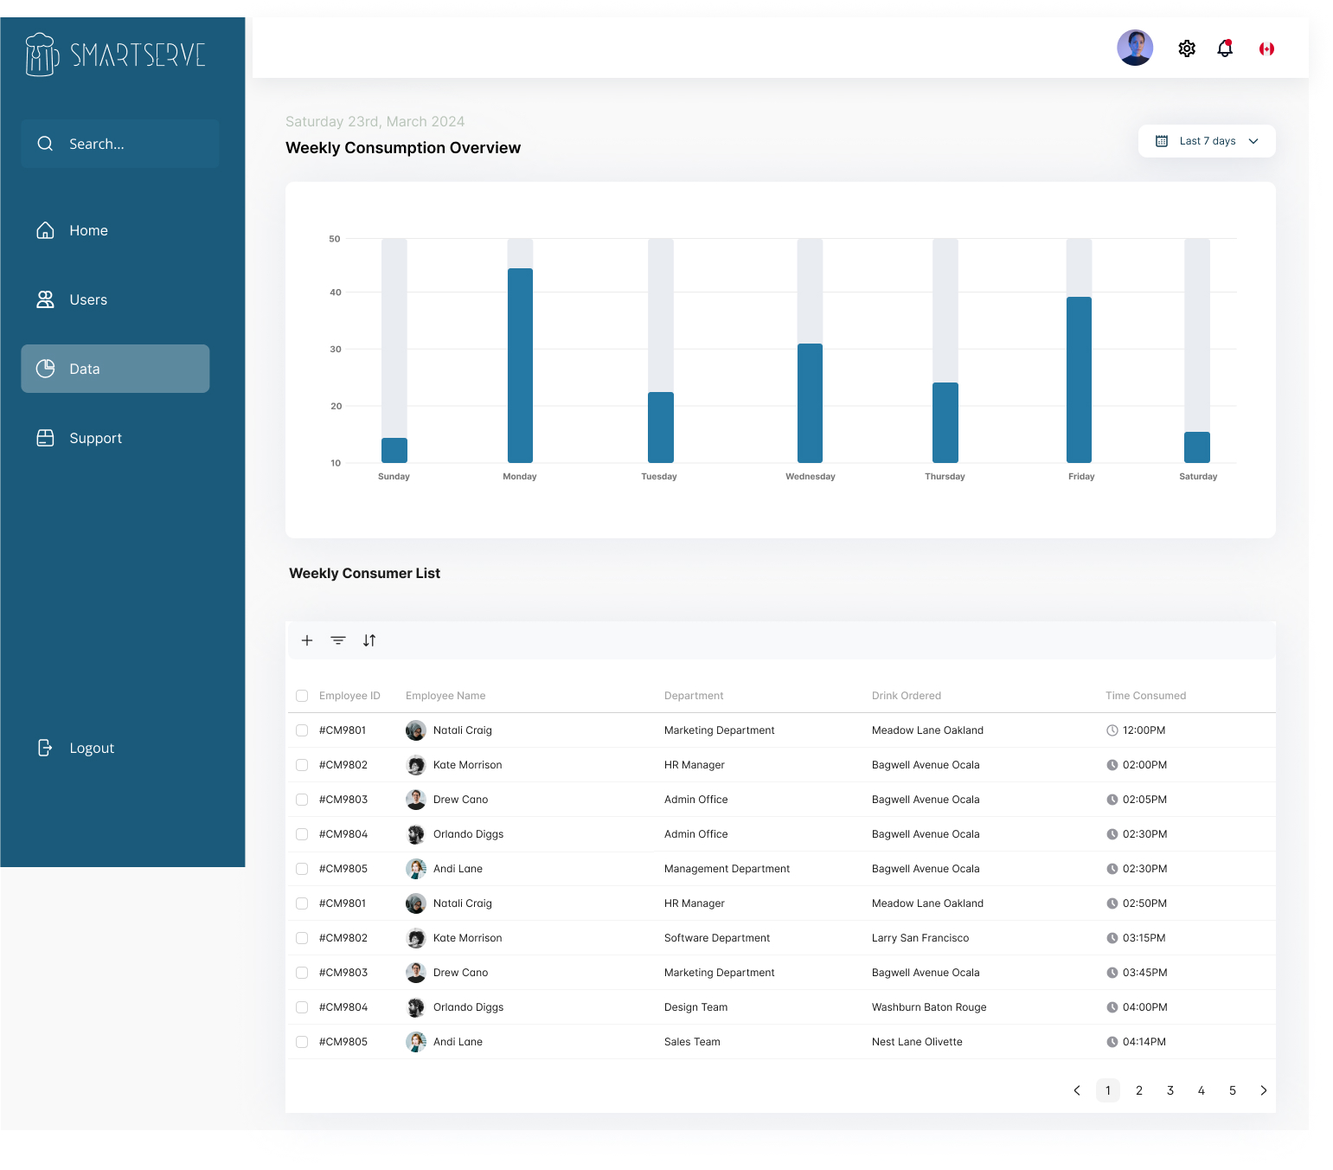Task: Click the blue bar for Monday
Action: (x=520, y=365)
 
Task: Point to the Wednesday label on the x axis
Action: (x=810, y=477)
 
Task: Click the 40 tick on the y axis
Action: (x=336, y=292)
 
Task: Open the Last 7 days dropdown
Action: (x=1207, y=141)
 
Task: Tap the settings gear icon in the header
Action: (x=1187, y=48)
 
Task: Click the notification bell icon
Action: (x=1225, y=48)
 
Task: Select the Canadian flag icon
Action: (x=1266, y=49)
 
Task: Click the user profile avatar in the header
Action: (x=1135, y=48)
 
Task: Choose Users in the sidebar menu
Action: (x=88, y=299)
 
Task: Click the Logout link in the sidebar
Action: (x=91, y=748)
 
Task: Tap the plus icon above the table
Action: (x=307, y=640)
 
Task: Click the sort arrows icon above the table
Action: (x=369, y=640)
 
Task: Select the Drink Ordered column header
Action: (x=906, y=696)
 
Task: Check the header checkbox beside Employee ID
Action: (x=302, y=696)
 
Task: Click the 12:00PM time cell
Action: (x=1144, y=730)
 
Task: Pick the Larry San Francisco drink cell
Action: (x=920, y=938)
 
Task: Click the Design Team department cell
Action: (x=695, y=1007)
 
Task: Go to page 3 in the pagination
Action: (x=1170, y=1090)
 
